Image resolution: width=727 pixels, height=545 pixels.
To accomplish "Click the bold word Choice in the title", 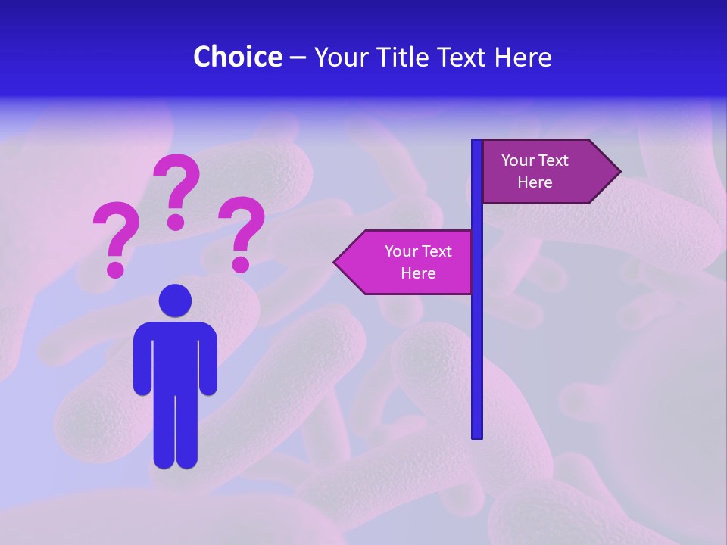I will pos(237,57).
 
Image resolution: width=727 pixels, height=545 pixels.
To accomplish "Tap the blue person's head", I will pos(175,301).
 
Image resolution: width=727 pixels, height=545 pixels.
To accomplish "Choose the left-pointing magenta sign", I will pos(409,262).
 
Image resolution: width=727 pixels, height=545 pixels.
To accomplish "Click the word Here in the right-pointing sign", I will pos(535,182).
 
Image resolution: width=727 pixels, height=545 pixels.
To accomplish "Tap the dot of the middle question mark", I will pos(176,222).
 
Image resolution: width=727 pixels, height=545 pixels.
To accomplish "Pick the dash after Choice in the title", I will pos(298,58).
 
